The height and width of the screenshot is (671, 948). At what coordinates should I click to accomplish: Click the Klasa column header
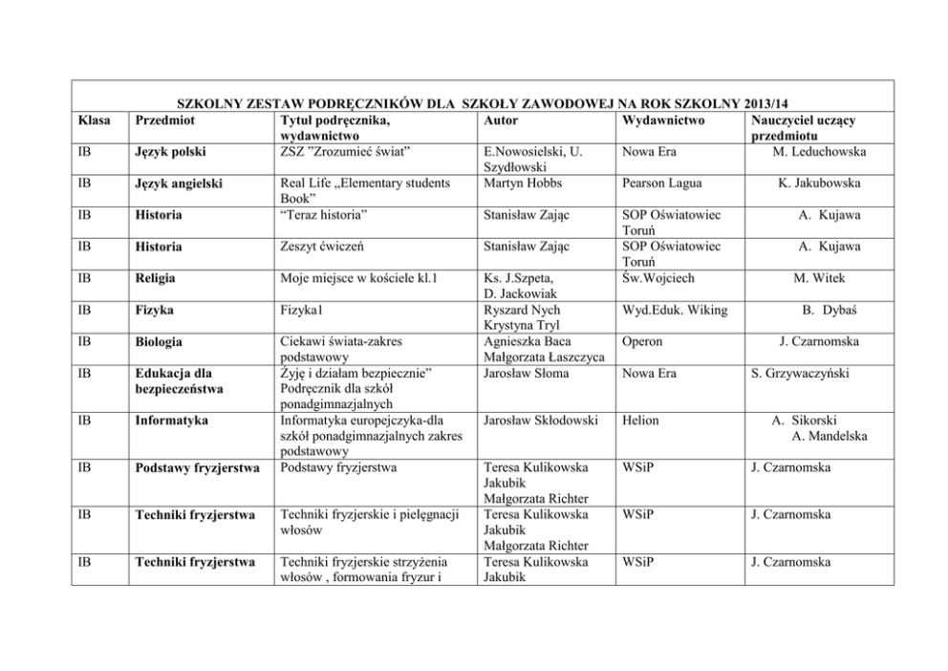[x=93, y=121]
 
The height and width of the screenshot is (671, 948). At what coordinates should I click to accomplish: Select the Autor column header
[x=502, y=121]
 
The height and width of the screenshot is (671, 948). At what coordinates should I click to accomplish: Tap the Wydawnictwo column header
[x=662, y=121]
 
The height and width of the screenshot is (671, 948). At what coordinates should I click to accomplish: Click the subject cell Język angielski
[x=183, y=183]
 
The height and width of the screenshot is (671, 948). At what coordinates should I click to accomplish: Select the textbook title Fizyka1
[x=306, y=310]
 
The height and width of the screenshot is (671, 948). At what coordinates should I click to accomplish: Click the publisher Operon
[x=641, y=341]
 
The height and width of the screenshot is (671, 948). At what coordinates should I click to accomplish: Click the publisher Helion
[x=639, y=420]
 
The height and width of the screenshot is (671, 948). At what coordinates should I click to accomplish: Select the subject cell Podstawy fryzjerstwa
[x=198, y=467]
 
